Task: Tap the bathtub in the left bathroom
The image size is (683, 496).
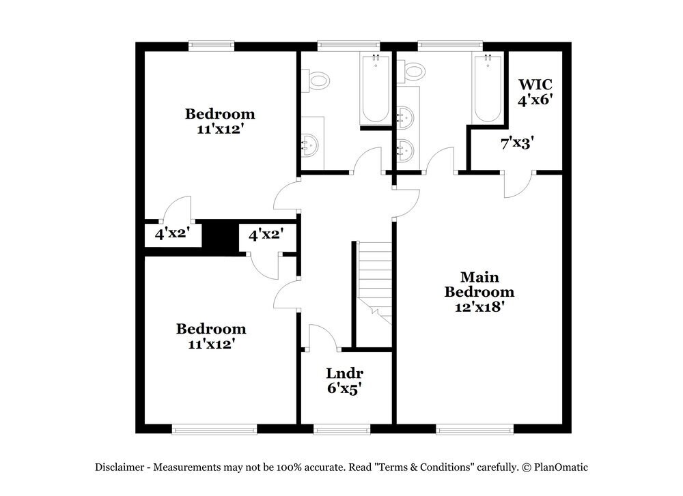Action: click(x=375, y=89)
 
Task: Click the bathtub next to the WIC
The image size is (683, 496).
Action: click(x=488, y=89)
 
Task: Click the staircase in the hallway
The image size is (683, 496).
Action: click(x=374, y=280)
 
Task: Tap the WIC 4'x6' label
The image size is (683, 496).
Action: click(x=535, y=91)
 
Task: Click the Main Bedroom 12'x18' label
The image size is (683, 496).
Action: click(x=479, y=292)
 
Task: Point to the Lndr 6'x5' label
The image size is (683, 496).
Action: click(x=344, y=381)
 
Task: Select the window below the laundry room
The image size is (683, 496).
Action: click(x=341, y=429)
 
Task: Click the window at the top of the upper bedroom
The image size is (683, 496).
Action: click(x=212, y=46)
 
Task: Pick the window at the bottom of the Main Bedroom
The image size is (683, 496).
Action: click(x=474, y=429)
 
